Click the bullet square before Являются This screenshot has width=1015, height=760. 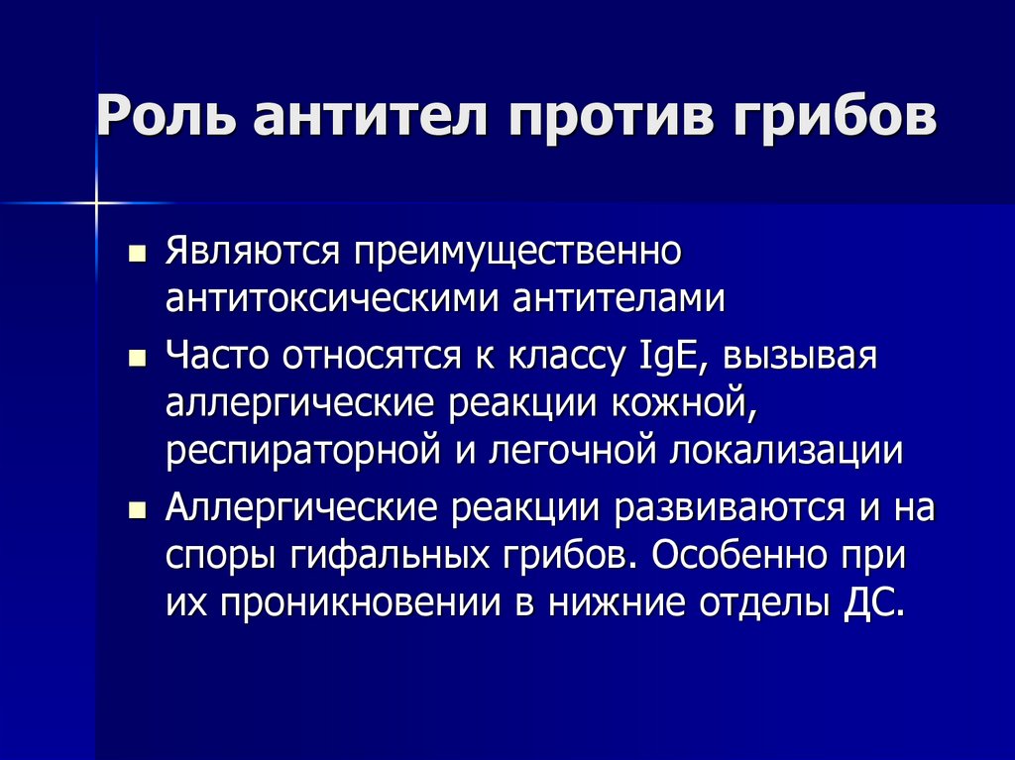137,252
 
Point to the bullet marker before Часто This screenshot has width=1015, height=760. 137,358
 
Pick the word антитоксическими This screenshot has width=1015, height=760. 333,297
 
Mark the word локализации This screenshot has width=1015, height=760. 787,451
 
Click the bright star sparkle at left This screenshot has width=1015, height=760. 97,204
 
